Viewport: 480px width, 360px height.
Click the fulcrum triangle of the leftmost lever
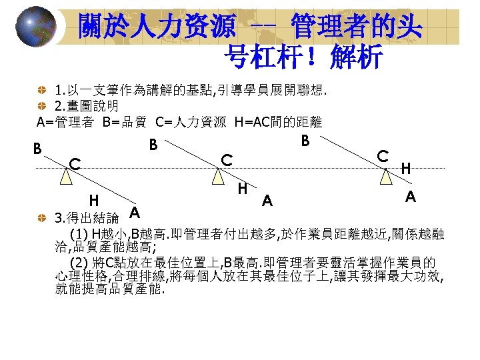(65, 177)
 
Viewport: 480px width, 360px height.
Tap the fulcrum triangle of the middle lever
(217, 177)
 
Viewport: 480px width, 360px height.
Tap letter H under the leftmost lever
(95, 199)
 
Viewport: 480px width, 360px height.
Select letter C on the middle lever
(227, 159)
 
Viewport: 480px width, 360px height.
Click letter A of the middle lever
(267, 200)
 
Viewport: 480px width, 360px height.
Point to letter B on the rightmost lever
(305, 141)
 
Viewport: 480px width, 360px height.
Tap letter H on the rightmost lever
(406, 169)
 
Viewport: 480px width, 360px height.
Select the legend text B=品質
(126, 122)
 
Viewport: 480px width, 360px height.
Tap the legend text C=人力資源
(191, 122)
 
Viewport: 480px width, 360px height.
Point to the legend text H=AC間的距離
(279, 122)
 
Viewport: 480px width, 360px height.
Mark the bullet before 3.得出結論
(43, 218)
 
